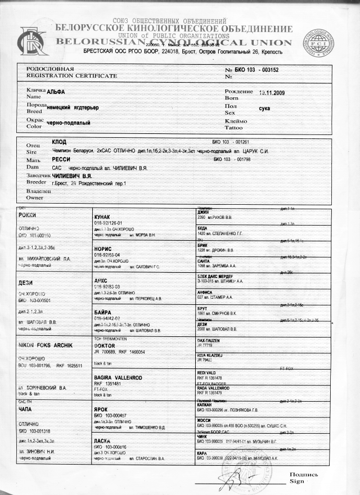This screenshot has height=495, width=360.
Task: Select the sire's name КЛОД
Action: [59, 142]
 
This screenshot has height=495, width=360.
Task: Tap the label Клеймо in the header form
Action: [236, 121]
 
